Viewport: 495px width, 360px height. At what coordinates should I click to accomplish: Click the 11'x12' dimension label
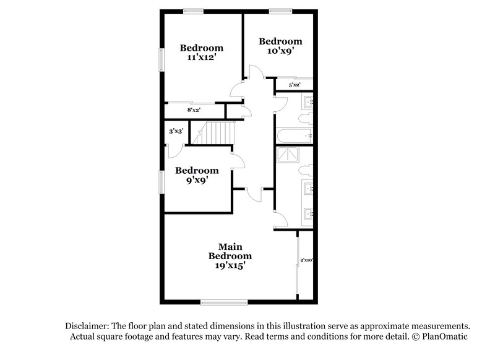tap(202, 58)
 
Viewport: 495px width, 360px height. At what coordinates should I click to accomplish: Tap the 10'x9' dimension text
tap(280, 52)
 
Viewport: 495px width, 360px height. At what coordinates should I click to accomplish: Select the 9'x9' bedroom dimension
tap(196, 181)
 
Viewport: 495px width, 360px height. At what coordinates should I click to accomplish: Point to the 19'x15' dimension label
tap(230, 266)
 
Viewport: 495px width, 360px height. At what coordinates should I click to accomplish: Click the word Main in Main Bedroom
tap(230, 246)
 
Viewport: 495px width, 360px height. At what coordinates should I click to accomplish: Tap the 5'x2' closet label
tap(294, 85)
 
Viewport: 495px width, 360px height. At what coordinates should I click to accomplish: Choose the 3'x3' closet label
tap(176, 131)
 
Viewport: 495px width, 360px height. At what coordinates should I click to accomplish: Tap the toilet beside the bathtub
tap(306, 118)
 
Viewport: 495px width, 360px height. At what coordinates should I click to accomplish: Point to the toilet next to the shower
tap(306, 169)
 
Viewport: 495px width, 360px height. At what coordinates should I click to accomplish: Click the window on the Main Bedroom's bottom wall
tap(224, 302)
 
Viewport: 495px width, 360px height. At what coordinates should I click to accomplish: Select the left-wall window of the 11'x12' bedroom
tap(162, 60)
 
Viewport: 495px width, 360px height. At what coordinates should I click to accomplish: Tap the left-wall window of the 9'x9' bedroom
tap(162, 182)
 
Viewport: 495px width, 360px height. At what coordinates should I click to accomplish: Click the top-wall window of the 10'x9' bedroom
tap(280, 10)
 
